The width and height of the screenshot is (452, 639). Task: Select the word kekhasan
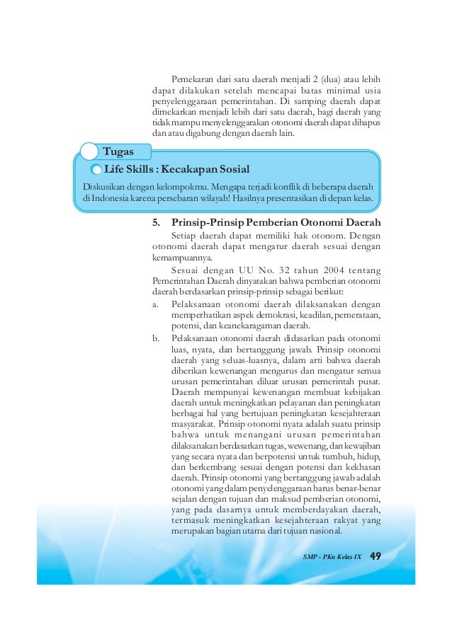click(359, 468)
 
